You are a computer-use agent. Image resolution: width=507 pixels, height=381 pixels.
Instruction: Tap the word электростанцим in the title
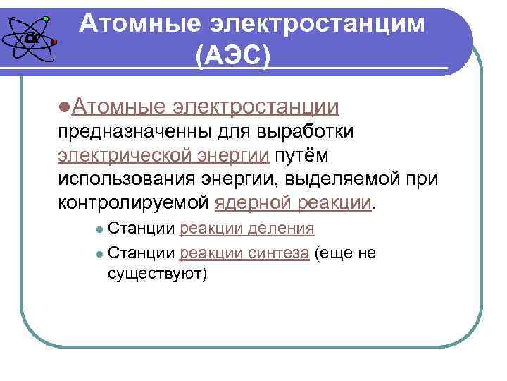[318, 23]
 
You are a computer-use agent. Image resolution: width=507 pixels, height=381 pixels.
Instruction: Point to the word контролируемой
[133, 203]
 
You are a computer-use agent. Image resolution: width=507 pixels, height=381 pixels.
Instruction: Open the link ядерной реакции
[293, 203]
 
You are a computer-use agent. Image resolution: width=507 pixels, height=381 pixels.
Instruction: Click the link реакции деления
[246, 229]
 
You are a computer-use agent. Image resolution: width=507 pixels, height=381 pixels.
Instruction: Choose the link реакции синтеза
[244, 253]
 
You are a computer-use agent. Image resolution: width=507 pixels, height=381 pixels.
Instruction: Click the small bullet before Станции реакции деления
[100, 229]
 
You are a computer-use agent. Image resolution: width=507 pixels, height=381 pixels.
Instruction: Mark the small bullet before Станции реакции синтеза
[100, 253]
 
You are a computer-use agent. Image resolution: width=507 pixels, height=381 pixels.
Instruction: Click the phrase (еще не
[346, 253]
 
